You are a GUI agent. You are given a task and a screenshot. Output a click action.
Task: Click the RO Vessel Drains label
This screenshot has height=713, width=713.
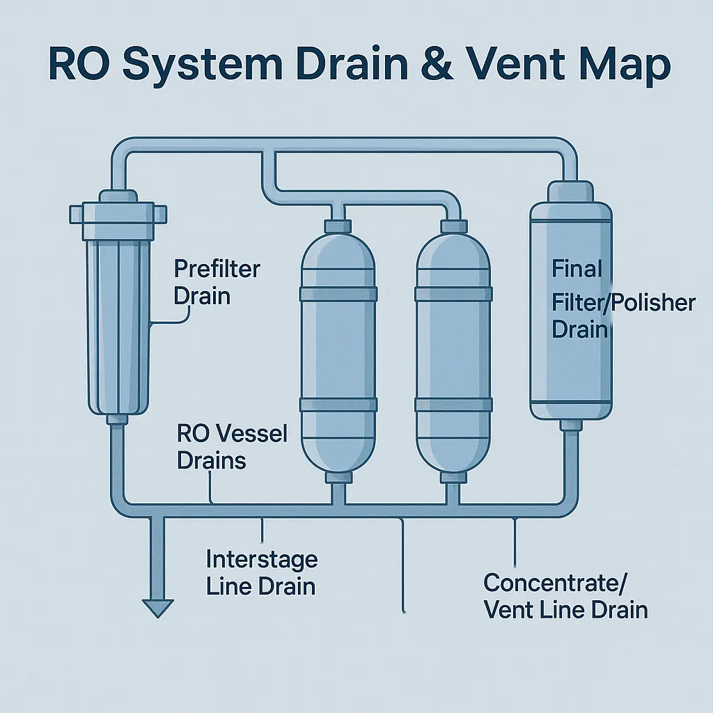click(x=231, y=447)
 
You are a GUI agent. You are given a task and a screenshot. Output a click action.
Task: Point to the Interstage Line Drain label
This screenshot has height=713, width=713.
click(x=261, y=572)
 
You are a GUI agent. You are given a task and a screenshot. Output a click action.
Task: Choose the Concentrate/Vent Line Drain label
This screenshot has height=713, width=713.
click(x=565, y=596)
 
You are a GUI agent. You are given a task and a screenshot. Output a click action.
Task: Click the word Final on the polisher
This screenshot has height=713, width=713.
click(x=577, y=268)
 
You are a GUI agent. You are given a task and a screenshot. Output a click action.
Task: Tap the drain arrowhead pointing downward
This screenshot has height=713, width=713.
click(x=157, y=608)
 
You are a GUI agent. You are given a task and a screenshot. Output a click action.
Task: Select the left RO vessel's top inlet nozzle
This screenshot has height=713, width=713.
click(x=337, y=227)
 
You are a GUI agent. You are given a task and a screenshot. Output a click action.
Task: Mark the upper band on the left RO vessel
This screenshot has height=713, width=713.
click(x=338, y=293)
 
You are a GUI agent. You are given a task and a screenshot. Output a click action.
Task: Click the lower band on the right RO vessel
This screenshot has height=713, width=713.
click(x=453, y=405)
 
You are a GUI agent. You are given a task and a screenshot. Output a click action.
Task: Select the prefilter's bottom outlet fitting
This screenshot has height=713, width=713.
click(x=116, y=418)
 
